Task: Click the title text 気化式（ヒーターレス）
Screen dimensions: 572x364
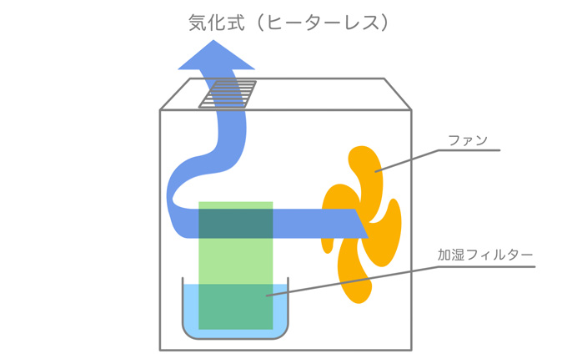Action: [x=289, y=23]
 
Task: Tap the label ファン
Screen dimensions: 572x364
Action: [x=468, y=140]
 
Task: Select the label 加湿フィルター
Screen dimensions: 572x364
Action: [x=485, y=255]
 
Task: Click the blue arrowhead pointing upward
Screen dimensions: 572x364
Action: [x=216, y=55]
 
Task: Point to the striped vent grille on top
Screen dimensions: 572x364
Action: [x=228, y=94]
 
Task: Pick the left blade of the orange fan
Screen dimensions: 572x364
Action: [x=338, y=215]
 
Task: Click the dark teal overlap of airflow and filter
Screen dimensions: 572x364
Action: [x=236, y=224]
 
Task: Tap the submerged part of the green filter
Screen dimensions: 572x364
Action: [x=236, y=306]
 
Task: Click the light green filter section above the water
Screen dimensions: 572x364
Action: [x=236, y=261]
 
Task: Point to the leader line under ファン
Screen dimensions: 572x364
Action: [x=438, y=150]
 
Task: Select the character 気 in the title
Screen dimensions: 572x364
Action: [x=198, y=23]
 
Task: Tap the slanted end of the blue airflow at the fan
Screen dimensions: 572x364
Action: [x=361, y=224]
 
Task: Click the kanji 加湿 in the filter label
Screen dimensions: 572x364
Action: [x=451, y=255]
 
